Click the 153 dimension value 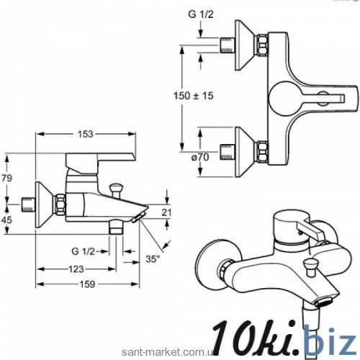click(x=85, y=134)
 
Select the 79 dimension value click(x=6, y=178)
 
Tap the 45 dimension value click(x=6, y=220)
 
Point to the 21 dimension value click(x=166, y=212)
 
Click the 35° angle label click(x=153, y=259)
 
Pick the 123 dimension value click(x=76, y=269)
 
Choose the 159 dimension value click(x=87, y=284)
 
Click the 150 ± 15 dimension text click(x=194, y=96)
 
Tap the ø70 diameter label click(x=200, y=158)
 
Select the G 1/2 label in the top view click(x=201, y=14)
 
